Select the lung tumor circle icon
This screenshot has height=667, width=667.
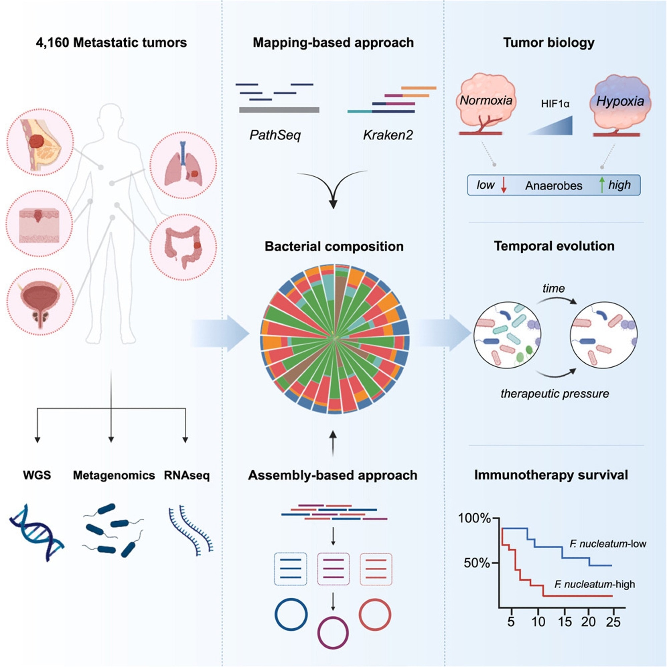183,165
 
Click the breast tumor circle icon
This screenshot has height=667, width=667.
40,142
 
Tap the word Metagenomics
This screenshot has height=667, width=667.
114,475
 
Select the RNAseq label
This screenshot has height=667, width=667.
187,475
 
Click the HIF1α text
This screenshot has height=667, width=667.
555,104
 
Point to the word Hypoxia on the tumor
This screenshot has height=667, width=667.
620,101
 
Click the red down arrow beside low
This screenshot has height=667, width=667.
504,186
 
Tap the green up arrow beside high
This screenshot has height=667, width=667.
602,185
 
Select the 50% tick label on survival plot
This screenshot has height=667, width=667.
477,563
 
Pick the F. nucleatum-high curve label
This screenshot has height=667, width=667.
595,585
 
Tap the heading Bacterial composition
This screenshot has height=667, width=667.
334,246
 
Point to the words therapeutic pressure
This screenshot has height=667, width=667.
555,394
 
